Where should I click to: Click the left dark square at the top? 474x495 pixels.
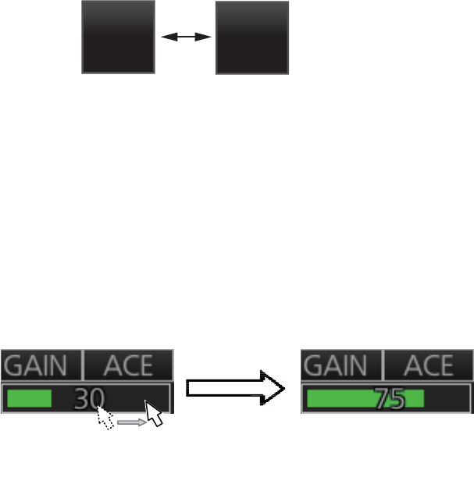tap(119, 37)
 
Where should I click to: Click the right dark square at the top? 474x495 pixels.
tap(251, 37)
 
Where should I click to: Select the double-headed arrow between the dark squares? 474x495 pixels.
tap(186, 36)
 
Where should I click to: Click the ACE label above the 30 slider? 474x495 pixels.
tap(129, 365)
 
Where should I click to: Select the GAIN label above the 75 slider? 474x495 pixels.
tap(340, 365)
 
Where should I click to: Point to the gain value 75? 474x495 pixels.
tap(389, 399)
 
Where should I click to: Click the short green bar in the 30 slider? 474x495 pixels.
tap(30, 399)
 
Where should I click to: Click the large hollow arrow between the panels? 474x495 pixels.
tap(234, 386)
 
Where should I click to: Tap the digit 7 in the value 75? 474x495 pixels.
tap(382, 399)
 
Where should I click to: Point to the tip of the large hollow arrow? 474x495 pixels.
tap(282, 386)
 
